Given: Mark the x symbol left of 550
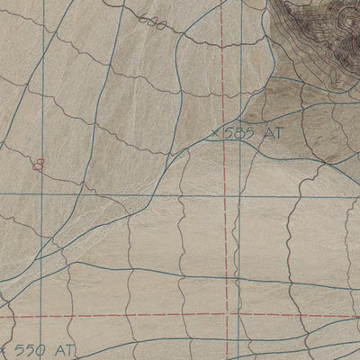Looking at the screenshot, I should click(5, 348).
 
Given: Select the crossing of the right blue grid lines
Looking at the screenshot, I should click(241, 194).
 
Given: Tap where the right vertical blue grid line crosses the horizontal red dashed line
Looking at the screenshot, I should click(241, 316).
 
